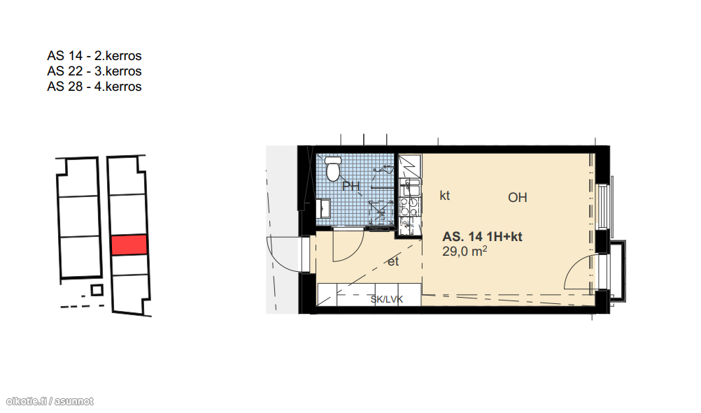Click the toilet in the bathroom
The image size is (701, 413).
[x=332, y=169]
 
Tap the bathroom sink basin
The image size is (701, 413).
[x=323, y=209]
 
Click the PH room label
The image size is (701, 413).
[x=351, y=186]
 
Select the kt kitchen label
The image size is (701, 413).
[x=445, y=196]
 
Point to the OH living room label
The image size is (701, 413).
[x=518, y=197]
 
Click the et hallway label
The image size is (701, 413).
[x=393, y=261]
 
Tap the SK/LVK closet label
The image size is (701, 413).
[x=387, y=300]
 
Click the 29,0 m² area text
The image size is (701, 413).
[x=465, y=252]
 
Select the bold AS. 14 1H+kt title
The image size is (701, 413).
[x=483, y=237]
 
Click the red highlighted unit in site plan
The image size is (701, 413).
[x=129, y=245]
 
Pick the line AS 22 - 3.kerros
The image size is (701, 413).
[x=94, y=71]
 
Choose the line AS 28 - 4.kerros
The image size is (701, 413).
[x=94, y=86]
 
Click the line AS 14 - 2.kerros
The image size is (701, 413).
[x=94, y=56]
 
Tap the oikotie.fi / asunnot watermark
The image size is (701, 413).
[x=50, y=401]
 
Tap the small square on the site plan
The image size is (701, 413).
[x=97, y=290]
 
